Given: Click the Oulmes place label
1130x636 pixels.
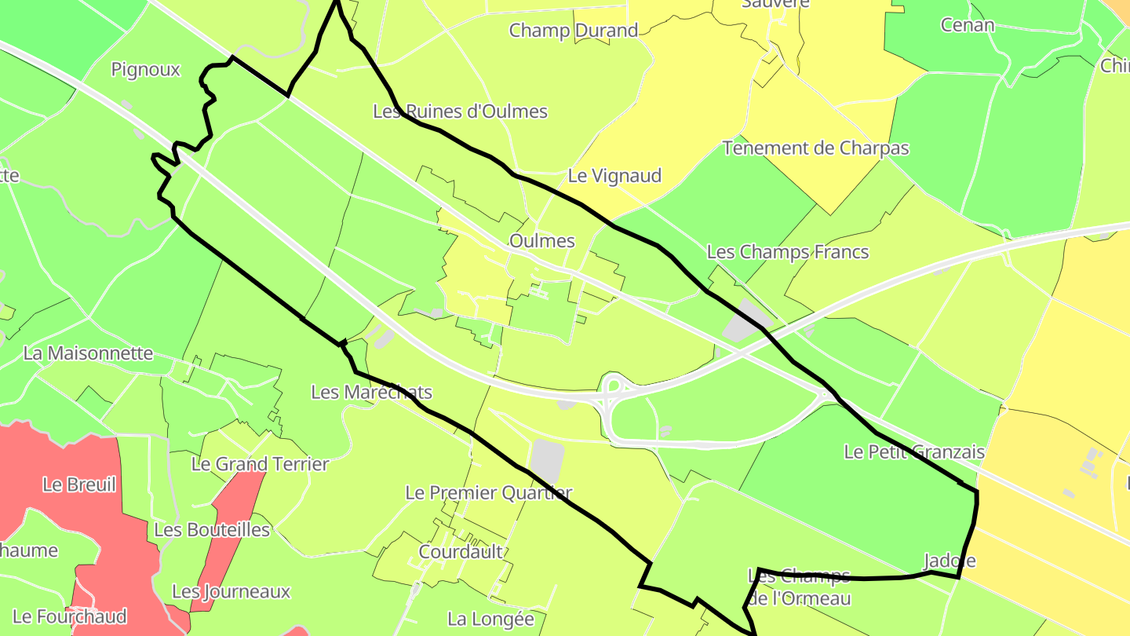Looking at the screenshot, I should pos(541,241).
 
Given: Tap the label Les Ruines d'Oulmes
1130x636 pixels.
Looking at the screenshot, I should pos(460,111).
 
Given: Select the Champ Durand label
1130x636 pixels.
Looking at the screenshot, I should pos(573,31).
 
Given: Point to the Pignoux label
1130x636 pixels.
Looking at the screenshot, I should pos(145,70).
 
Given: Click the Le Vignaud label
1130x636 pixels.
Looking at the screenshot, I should pos(614,176).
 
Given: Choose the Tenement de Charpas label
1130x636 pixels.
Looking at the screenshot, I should pos(815,148).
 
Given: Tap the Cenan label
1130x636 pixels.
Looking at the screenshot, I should pos(967,25).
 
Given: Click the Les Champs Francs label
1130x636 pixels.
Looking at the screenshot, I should pos(787,252).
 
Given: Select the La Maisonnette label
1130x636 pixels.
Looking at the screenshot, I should pos(88,353).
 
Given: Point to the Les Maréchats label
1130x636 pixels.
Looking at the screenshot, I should pos(371,392).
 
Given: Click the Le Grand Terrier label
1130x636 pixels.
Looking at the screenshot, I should pos(260,464).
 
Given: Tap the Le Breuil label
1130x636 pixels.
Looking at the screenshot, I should pos(79,484).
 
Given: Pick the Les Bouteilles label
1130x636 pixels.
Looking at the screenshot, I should pos(211,530).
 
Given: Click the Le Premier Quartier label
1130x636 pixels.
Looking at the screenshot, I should pos(488,493).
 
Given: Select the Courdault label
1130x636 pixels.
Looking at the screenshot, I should pos(461,552).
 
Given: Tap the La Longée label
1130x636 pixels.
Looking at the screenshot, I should pos(490,620).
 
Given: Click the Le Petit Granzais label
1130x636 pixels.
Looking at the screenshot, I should pos(913,452).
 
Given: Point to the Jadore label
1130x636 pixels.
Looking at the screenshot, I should pos(949,561).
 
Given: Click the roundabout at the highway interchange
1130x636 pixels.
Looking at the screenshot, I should pos(614,386).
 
